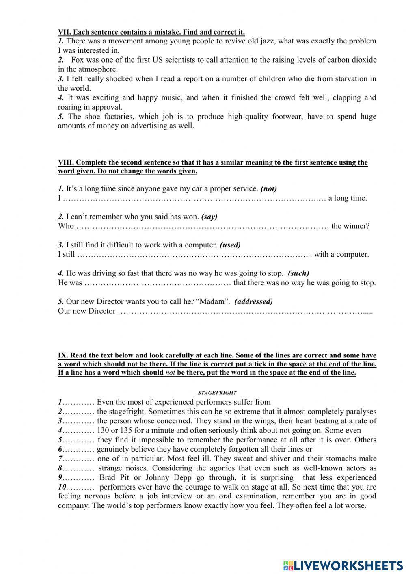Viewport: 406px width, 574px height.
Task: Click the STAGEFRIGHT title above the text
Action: click(217, 393)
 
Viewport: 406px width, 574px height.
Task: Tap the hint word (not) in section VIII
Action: click(269, 188)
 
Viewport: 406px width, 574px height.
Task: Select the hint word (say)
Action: click(209, 217)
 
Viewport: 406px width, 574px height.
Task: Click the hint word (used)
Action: click(230, 245)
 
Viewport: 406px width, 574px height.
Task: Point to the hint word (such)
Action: click(298, 273)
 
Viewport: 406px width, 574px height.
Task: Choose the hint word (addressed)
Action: click(254, 301)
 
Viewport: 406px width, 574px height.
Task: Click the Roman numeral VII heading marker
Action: click(64, 32)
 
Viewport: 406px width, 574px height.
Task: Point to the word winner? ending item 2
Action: click(356, 226)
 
